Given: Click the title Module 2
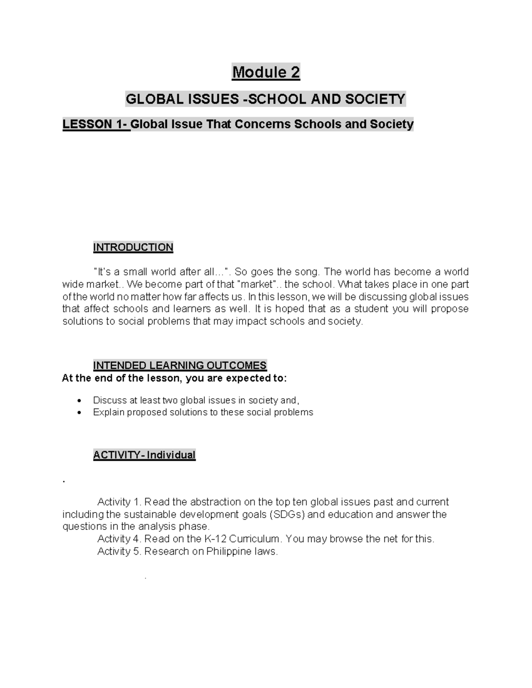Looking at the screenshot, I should (x=266, y=72).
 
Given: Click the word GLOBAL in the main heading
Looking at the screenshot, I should (x=151, y=99).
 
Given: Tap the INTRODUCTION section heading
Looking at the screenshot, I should (x=133, y=247).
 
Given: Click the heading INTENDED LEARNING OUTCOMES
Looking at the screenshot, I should (x=180, y=365).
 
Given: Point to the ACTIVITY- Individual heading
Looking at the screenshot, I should (x=144, y=455).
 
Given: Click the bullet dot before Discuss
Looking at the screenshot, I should (x=79, y=400).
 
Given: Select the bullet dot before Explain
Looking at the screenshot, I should (x=79, y=412).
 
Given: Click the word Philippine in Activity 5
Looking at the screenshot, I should (x=230, y=552).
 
